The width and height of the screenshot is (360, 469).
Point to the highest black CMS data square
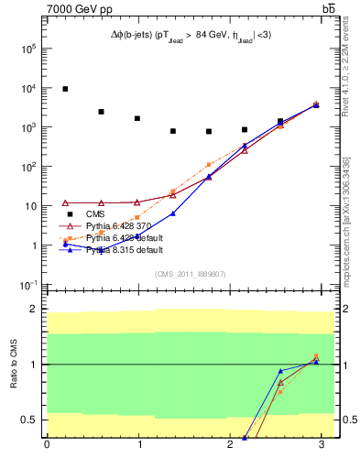coord(65,89)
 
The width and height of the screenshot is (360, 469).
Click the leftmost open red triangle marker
coord(65,202)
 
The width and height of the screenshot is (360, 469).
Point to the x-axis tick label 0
coord(47,446)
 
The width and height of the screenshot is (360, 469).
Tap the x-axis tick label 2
coord(231,446)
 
